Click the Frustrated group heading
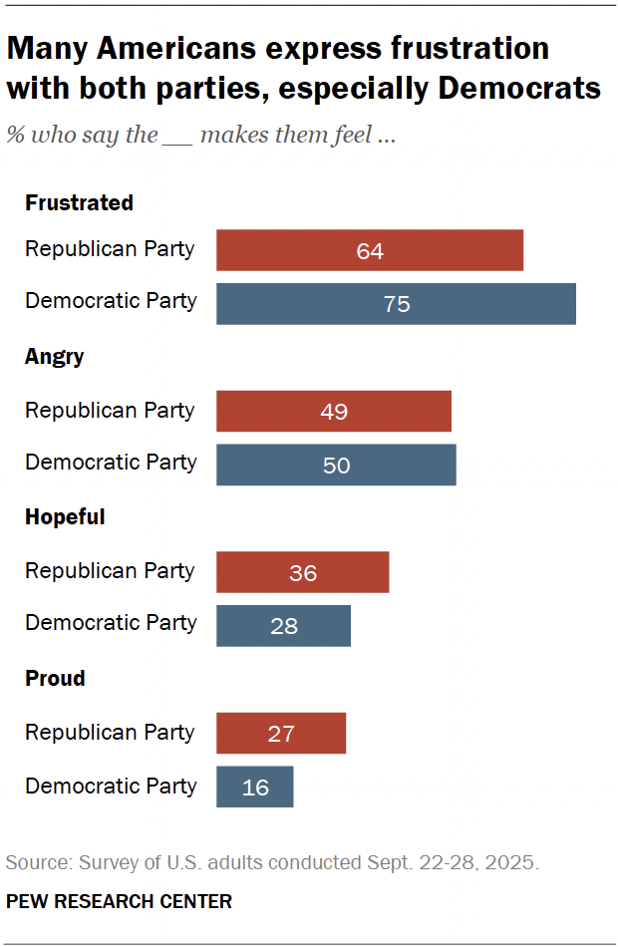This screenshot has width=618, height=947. pos(79,202)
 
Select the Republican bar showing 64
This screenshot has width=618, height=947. pos(370,250)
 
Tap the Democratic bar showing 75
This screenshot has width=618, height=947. pos(396,303)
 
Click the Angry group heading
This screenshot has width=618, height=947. pos(54,357)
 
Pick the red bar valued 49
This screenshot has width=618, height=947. pos(334,411)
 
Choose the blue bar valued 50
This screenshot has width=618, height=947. pos(336,465)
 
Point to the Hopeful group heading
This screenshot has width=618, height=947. pos(65,517)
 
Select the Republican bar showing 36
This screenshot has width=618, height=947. pos(303,572)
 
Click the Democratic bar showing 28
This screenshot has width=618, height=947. pos(283,625)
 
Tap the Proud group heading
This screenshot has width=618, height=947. pos(55,678)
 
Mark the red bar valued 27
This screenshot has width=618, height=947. pos(281,733)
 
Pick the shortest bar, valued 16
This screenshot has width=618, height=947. pos(255,787)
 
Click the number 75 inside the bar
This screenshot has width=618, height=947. pos(397,304)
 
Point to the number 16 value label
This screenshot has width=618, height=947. pos(255,788)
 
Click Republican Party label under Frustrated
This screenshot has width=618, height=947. pos(110,248)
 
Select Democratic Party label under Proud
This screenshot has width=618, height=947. pos(111,786)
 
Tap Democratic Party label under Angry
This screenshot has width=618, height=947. pos(111,463)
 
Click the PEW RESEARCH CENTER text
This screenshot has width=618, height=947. pos(119,901)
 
